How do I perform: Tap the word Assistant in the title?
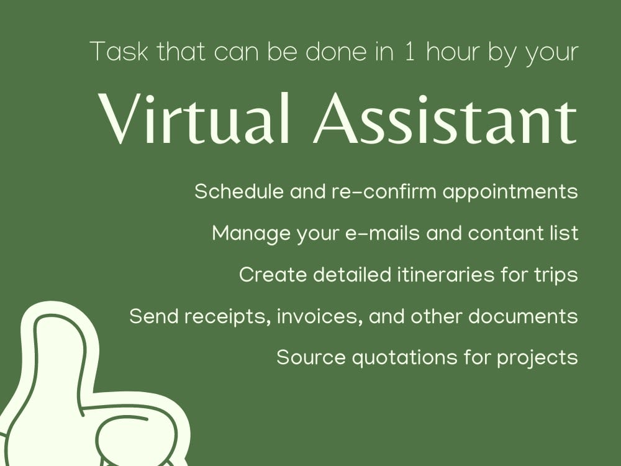tap(445, 118)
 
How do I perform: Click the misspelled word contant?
tap(504, 234)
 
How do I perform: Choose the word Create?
tap(272, 275)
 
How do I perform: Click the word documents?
tap(524, 316)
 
